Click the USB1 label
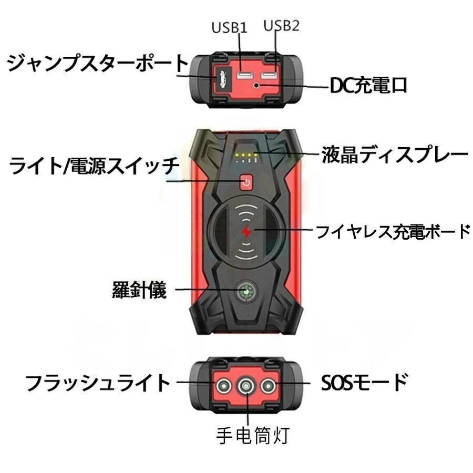[x=229, y=28]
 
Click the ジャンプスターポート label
[x=98, y=63]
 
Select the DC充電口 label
[x=368, y=85]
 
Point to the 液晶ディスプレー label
[x=394, y=155]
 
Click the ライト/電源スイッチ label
[x=95, y=167]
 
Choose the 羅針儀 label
[x=139, y=290]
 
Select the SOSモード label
[x=364, y=382]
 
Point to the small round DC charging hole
[x=256, y=85]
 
